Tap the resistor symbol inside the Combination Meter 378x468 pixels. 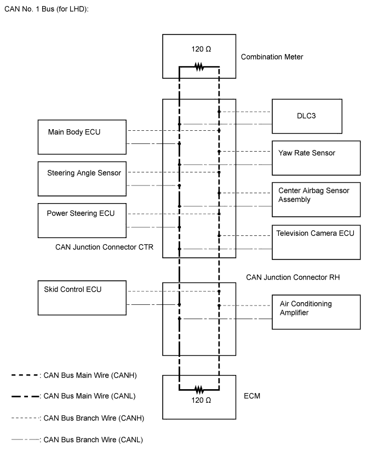tap(199, 67)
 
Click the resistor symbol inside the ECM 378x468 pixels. tap(199, 390)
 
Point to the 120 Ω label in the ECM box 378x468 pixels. tap(201, 400)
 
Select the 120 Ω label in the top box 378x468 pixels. tap(201, 49)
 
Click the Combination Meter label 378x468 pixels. tap(272, 57)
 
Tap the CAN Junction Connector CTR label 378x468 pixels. tap(104, 247)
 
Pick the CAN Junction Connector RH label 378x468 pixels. tap(293, 278)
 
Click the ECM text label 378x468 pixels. tap(252, 396)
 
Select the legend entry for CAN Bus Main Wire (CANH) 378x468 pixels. tap(74, 375)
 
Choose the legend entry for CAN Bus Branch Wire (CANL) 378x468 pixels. tap(77, 440)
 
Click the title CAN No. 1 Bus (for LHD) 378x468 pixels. tap(47, 9)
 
